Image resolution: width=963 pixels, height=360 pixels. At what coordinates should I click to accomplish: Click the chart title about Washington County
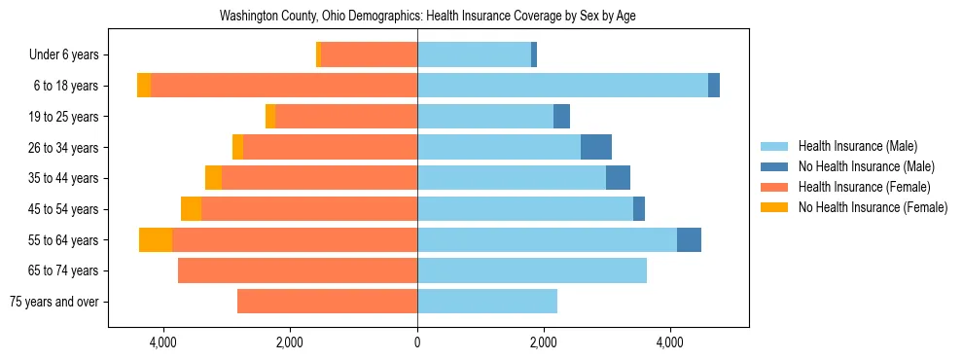428,17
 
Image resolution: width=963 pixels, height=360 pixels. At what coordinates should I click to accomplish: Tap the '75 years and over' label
53,302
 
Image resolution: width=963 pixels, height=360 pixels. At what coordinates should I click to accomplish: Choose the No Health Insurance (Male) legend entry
866,166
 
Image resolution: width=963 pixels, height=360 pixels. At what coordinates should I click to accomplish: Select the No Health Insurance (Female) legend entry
873,207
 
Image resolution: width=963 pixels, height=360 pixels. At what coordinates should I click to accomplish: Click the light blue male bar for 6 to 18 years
562,86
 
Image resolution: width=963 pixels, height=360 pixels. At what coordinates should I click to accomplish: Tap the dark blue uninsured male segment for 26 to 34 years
596,147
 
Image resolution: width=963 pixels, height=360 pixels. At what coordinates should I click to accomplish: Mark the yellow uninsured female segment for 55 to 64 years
156,240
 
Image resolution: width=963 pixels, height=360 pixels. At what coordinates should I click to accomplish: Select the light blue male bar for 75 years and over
487,302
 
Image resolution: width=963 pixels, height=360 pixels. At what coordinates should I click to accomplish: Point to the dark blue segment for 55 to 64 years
689,240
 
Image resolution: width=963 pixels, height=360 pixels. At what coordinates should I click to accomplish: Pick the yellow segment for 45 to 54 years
191,209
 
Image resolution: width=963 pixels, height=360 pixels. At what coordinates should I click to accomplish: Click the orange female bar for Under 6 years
369,55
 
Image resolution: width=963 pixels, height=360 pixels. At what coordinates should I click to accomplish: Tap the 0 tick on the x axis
417,342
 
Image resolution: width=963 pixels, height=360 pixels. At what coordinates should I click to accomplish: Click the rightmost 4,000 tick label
670,342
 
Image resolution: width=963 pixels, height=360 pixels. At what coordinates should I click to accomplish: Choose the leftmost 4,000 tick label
162,342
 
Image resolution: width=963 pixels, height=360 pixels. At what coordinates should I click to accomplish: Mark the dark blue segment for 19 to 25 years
561,117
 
